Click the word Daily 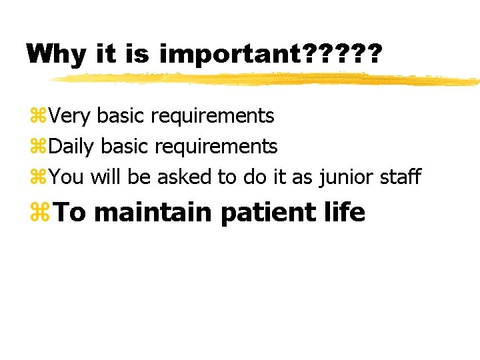(x=71, y=146)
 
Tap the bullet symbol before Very (x=37, y=117)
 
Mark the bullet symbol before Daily (x=37, y=147)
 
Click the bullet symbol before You (x=37, y=177)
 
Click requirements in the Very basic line (x=213, y=117)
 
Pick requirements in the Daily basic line (x=216, y=147)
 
